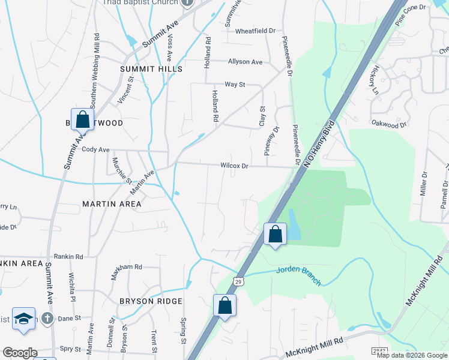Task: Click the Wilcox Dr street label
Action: coord(234,165)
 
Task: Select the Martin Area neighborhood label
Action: coord(112,204)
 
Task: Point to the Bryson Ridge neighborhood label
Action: coord(142,301)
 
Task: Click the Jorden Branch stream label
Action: coord(299,269)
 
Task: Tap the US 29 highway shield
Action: coord(238,281)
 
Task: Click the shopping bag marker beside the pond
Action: coord(275,234)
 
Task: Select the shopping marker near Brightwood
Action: coord(82,119)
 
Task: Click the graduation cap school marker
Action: coord(23,319)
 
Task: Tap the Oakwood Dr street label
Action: coord(390,125)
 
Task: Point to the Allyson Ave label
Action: coord(245,62)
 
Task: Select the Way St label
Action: coord(235,85)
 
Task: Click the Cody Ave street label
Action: coord(95,149)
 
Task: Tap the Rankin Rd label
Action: coord(68,256)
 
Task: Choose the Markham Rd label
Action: coord(127,266)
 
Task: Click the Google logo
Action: coord(20,353)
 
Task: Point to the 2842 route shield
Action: coord(380,350)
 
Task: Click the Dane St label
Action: coord(69,319)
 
